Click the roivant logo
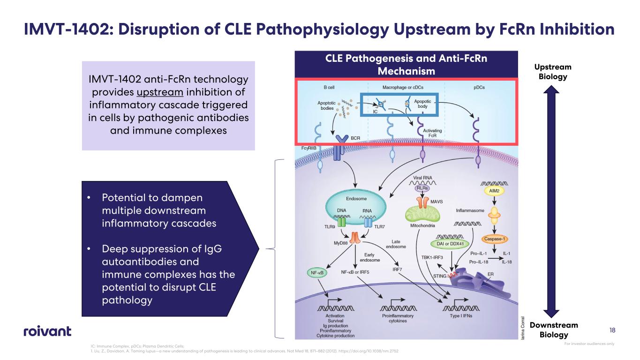click(x=47, y=331)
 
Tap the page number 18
click(x=612, y=331)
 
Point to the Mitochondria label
click(x=420, y=225)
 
